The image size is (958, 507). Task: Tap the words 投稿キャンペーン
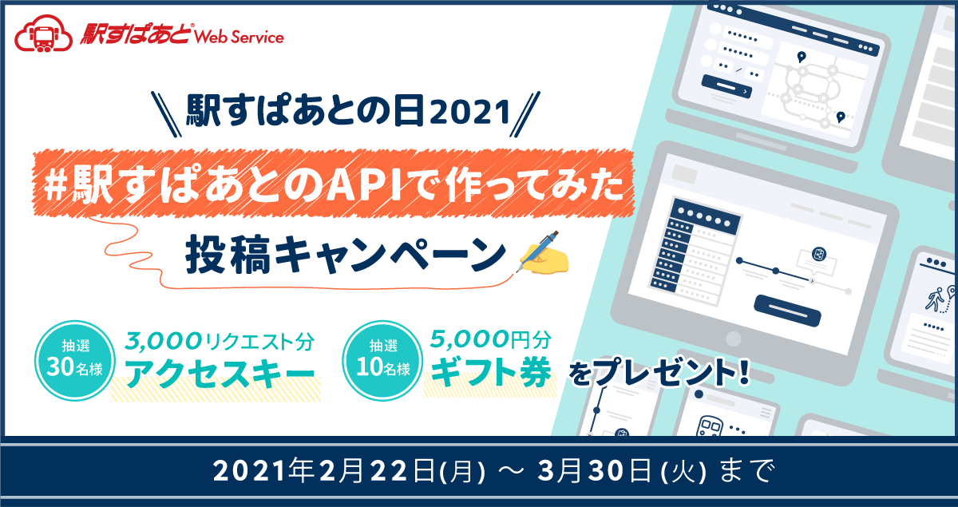coord(345,254)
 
